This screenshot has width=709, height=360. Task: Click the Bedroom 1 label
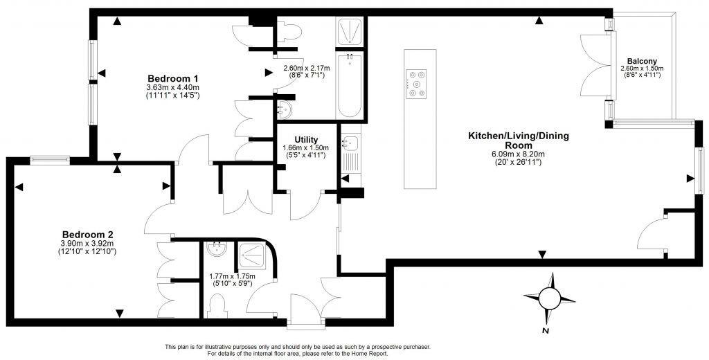[x=173, y=78]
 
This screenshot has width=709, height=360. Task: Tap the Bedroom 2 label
[x=87, y=234]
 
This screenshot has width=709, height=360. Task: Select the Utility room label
[x=305, y=140]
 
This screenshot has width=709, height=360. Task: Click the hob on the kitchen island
[x=418, y=82]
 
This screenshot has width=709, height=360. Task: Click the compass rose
[x=550, y=298]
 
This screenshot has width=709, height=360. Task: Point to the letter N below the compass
[x=546, y=332]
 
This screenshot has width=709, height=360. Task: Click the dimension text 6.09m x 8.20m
[x=519, y=154]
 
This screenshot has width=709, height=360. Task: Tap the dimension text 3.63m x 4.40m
[x=173, y=87]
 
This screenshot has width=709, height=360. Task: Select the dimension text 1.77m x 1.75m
[x=233, y=276]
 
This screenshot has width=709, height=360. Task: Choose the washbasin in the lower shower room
[x=217, y=248]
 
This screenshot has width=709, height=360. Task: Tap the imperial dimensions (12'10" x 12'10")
[x=87, y=252]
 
